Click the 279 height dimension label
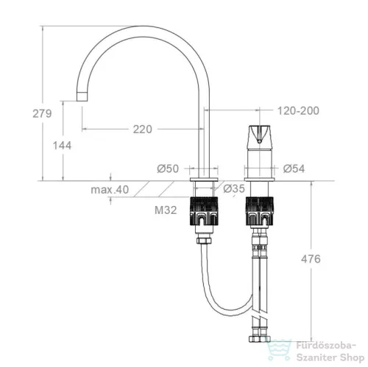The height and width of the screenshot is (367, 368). [42, 113]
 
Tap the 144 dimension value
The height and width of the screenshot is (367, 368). [62, 146]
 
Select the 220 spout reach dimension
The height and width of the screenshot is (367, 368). [143, 129]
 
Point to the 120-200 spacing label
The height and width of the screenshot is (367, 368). [298, 111]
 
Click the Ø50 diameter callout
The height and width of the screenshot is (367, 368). [168, 168]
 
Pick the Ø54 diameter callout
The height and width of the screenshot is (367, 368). [294, 168]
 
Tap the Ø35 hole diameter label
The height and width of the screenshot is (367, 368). [234, 188]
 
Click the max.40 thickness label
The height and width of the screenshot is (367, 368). [110, 190]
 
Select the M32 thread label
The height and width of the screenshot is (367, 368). [166, 210]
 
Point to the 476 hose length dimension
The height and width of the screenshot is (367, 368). [311, 259]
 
